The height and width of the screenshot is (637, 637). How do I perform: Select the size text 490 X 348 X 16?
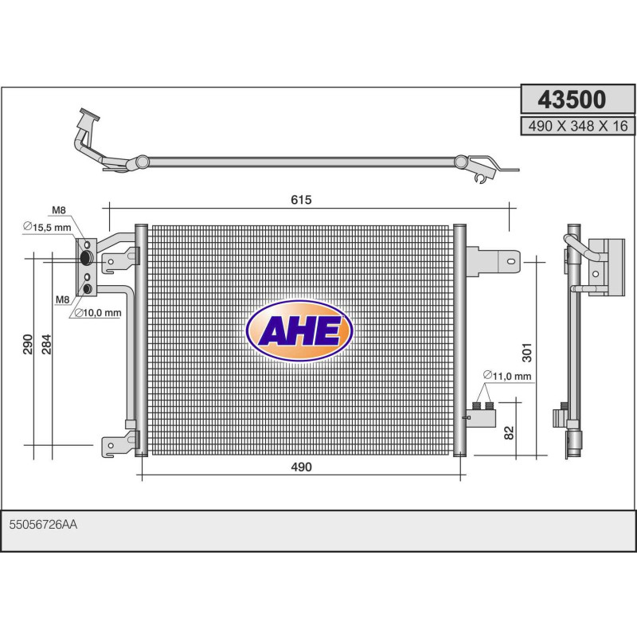[x=574, y=125]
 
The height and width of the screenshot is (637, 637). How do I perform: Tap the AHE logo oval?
[x=299, y=330]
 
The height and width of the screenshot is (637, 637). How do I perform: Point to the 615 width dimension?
[x=300, y=200]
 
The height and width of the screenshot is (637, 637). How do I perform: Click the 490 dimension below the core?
[x=300, y=467]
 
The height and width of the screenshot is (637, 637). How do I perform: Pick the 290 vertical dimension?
[x=28, y=344]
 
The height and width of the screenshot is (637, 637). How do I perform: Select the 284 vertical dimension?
[x=47, y=344]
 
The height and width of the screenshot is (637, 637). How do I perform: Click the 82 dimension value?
[x=508, y=432]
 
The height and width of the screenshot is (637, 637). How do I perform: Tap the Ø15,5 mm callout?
[x=47, y=227]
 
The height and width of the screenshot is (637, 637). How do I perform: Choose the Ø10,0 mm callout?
[x=97, y=312]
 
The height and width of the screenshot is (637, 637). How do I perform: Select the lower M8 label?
[x=61, y=300]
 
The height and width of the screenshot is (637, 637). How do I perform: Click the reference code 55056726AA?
[x=43, y=525]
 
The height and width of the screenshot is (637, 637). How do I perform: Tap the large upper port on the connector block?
[x=87, y=257]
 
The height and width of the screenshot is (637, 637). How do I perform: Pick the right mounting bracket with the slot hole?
[x=494, y=260]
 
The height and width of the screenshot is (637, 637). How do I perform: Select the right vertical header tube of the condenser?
[x=459, y=340]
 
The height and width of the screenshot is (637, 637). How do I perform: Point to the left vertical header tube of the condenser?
[x=141, y=340]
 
